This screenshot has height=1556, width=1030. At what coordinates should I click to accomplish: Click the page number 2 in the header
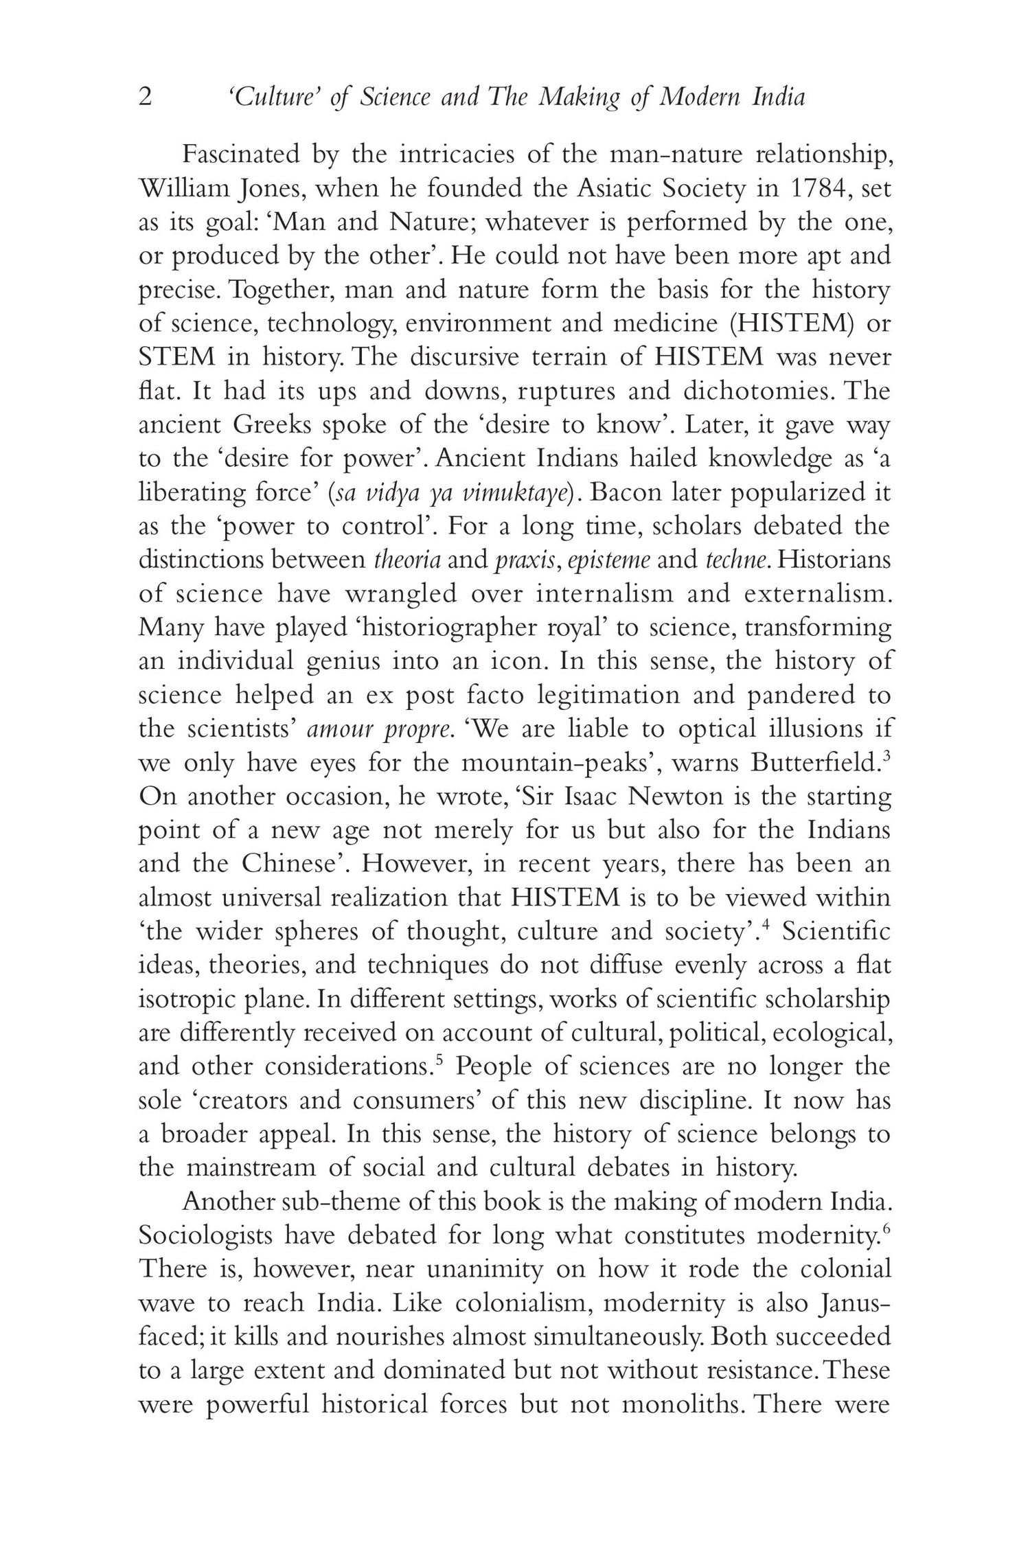(x=145, y=98)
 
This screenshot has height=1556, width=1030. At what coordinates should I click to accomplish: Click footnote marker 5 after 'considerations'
(x=439, y=1060)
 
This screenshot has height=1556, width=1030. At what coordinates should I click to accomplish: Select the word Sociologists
(x=203, y=1235)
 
